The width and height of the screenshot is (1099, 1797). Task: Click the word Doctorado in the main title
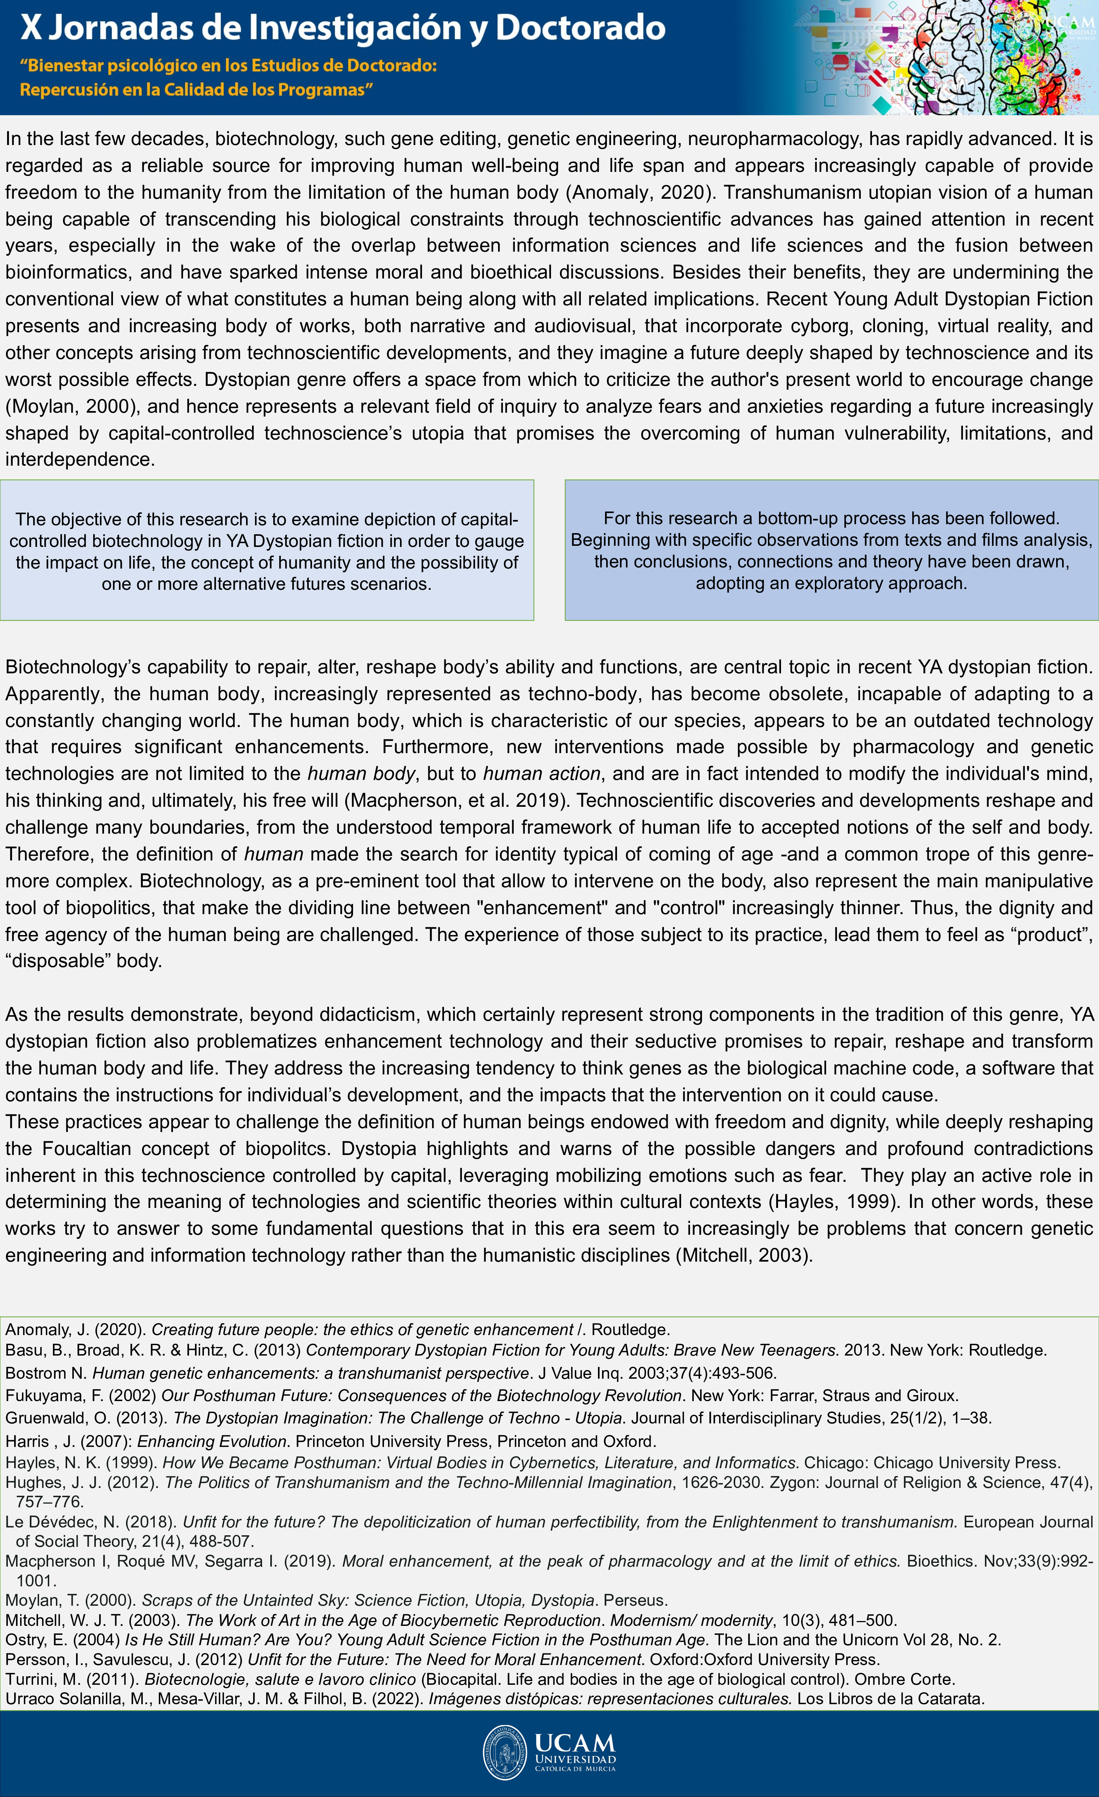[580, 28]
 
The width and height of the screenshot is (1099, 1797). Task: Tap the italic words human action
[542, 774]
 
